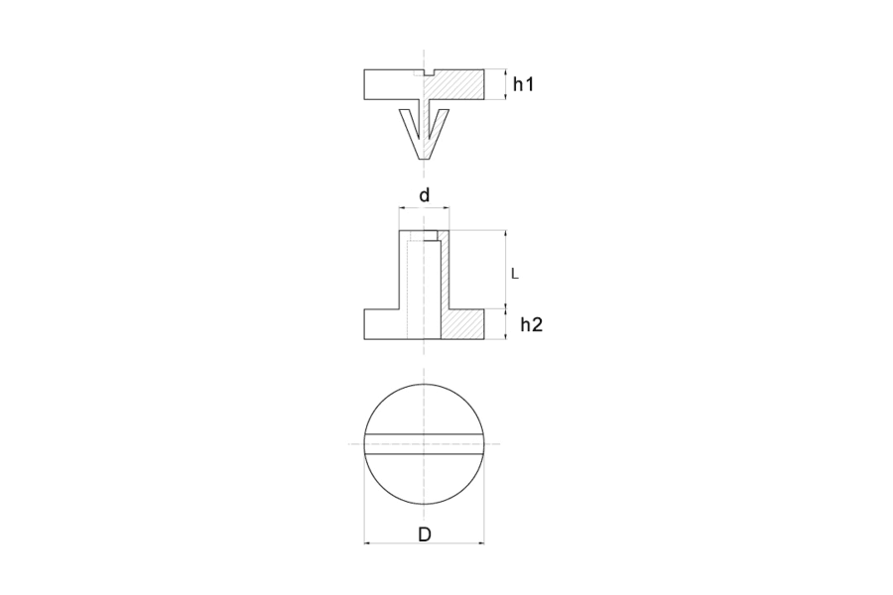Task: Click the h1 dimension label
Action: pos(523,84)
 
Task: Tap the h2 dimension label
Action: pos(532,324)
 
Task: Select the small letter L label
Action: pos(515,274)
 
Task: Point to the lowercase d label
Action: pos(425,195)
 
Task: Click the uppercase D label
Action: pos(425,535)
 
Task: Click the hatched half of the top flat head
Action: pos(455,85)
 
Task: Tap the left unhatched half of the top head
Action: pos(393,85)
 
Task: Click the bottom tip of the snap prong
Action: pos(425,160)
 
